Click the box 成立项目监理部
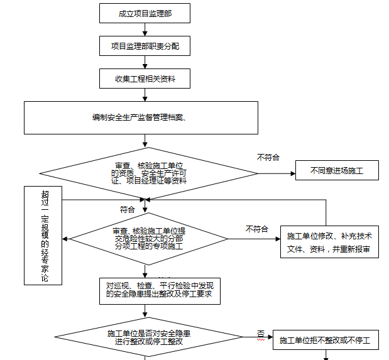(144, 13)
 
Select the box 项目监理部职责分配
(144, 46)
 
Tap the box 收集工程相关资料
(144, 79)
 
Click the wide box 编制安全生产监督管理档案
(141, 117)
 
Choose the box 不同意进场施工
(337, 170)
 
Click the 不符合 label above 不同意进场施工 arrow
(268, 157)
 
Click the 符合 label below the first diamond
(127, 209)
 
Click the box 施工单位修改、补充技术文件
(329, 242)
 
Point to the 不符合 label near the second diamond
(257, 228)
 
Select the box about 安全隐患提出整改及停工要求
(160, 290)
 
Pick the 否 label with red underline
(260, 334)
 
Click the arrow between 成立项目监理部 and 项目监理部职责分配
(145, 30)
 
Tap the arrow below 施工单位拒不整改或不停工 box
(326, 356)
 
